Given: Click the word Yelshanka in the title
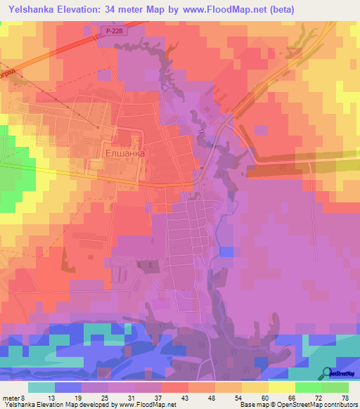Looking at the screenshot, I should (x=32, y=10).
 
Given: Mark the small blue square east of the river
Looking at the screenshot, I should (x=226, y=252).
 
